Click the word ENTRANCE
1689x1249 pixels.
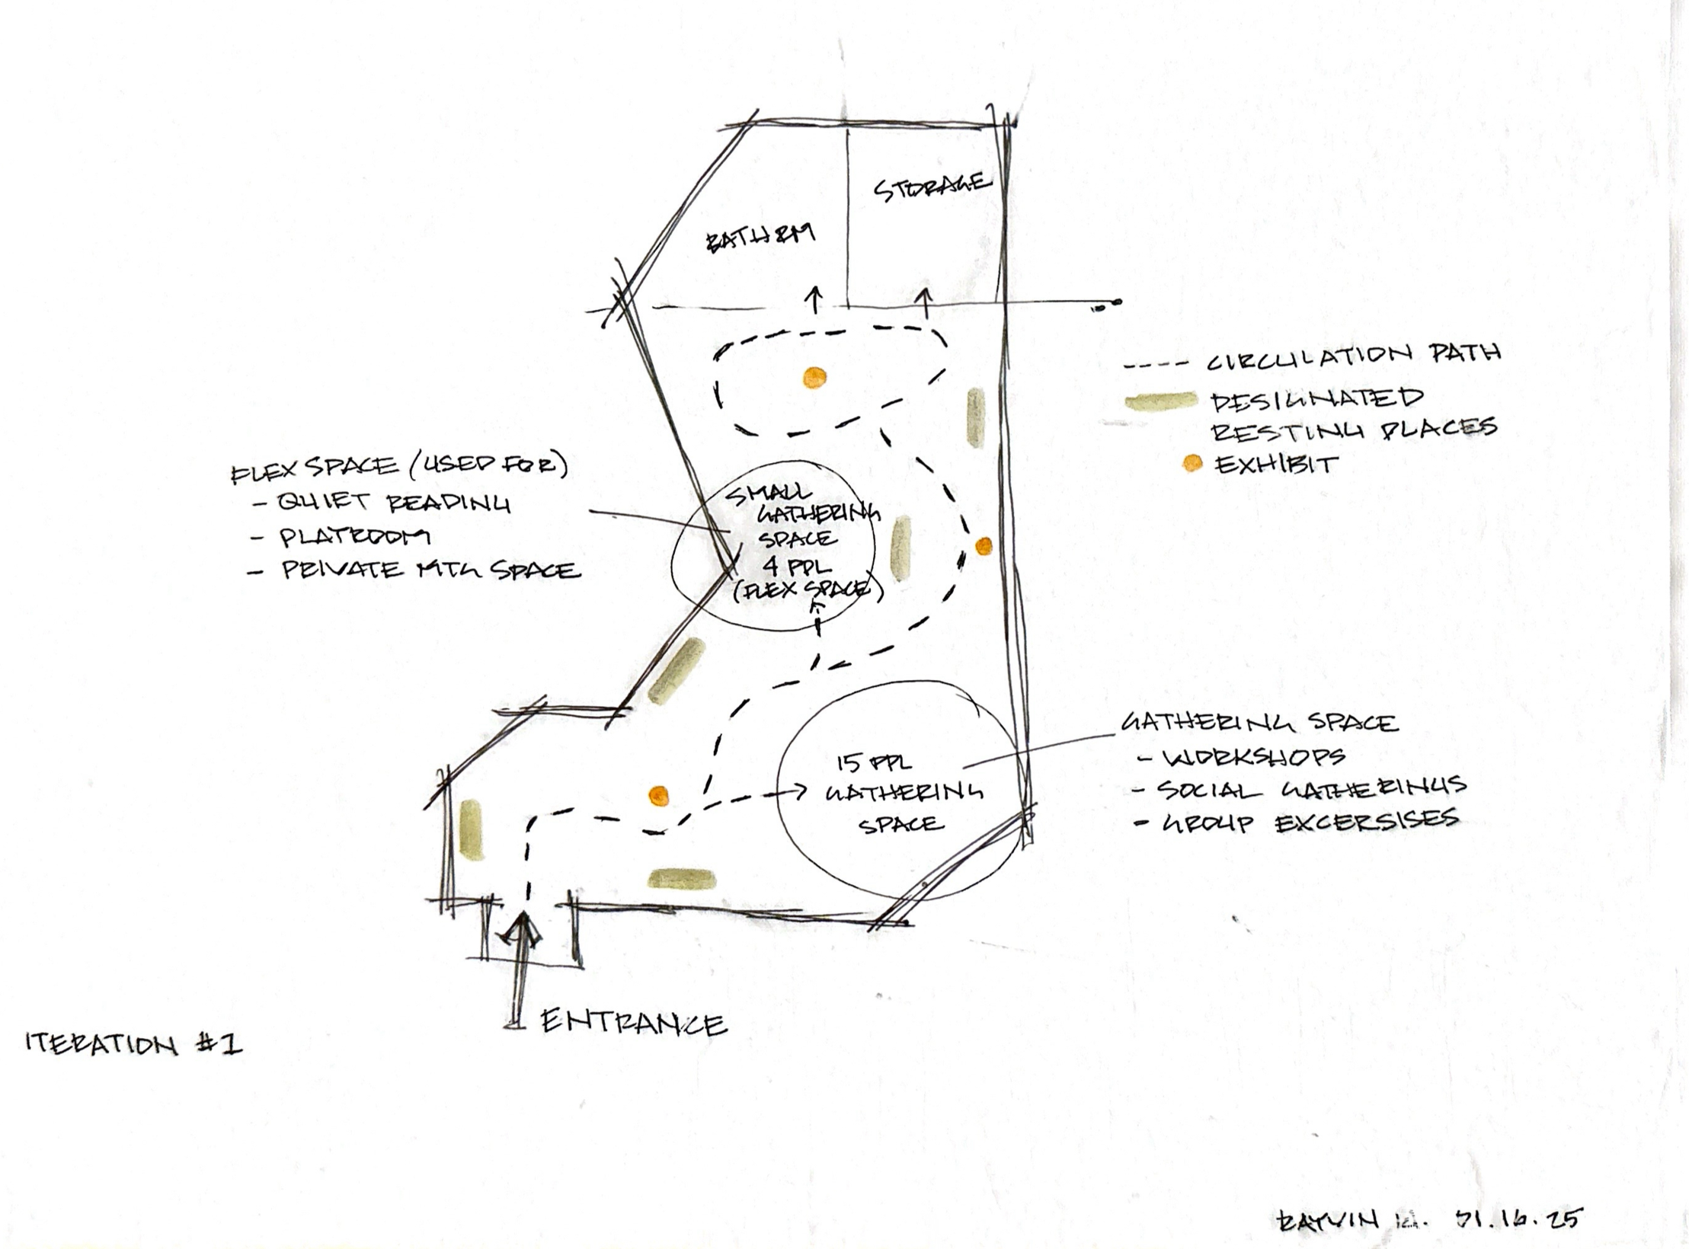click(x=632, y=1023)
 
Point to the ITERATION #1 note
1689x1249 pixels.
click(x=134, y=1043)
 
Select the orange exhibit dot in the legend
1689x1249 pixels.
click(x=1192, y=463)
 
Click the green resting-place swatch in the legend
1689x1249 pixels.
click(x=1162, y=401)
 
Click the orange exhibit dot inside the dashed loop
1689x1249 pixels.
click(x=814, y=377)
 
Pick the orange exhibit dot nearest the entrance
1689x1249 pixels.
click(x=657, y=797)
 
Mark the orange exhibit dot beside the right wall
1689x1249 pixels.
click(x=984, y=545)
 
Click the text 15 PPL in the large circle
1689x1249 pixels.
click(x=874, y=762)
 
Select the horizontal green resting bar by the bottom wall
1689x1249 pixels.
click(x=682, y=880)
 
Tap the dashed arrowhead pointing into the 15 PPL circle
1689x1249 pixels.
click(x=799, y=792)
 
